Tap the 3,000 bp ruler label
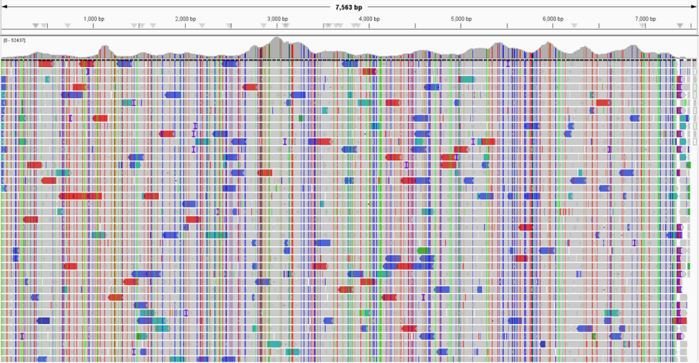(277, 19)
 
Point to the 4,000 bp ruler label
(369, 19)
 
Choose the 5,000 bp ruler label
(461, 19)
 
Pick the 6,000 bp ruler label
(553, 19)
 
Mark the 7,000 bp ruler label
(646, 19)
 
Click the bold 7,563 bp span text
(349, 7)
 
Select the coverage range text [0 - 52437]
(15, 40)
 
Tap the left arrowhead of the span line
(4, 7)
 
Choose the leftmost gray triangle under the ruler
(36, 26)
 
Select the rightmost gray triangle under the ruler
(680, 26)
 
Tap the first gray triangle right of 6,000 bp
(575, 26)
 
